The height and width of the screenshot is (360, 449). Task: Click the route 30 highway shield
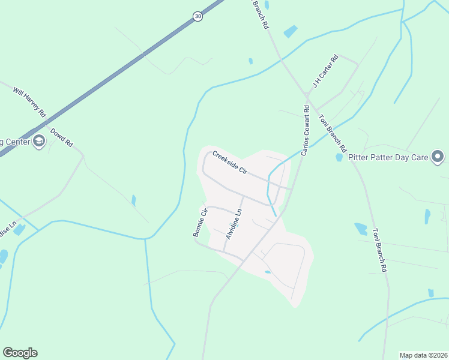click(198, 17)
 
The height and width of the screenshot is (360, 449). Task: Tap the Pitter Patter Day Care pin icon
click(438, 158)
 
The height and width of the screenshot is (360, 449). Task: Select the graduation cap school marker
click(39, 142)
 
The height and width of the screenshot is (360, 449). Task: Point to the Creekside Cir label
click(230, 162)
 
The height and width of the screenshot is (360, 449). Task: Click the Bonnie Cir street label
click(200, 223)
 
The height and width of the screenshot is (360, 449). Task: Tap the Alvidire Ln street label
click(234, 224)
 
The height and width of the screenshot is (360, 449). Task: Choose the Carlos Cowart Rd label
click(305, 131)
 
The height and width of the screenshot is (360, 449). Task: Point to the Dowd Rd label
click(61, 137)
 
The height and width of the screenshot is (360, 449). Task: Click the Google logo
click(20, 353)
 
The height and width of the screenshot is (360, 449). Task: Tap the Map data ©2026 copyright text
click(423, 355)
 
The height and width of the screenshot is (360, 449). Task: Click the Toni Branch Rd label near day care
click(333, 133)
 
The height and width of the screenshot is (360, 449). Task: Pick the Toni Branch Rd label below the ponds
click(379, 250)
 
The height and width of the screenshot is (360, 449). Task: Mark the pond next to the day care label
click(339, 157)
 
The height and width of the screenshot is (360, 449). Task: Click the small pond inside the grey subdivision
click(267, 272)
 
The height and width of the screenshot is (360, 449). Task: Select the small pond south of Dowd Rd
click(133, 200)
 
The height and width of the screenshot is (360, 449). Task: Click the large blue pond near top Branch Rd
click(291, 31)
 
